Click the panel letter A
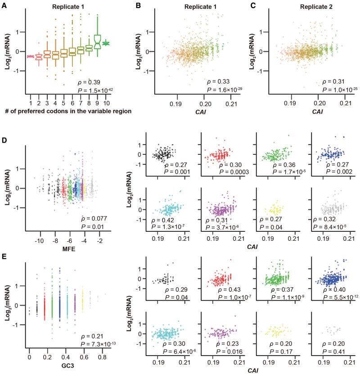click(x=5, y=6)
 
